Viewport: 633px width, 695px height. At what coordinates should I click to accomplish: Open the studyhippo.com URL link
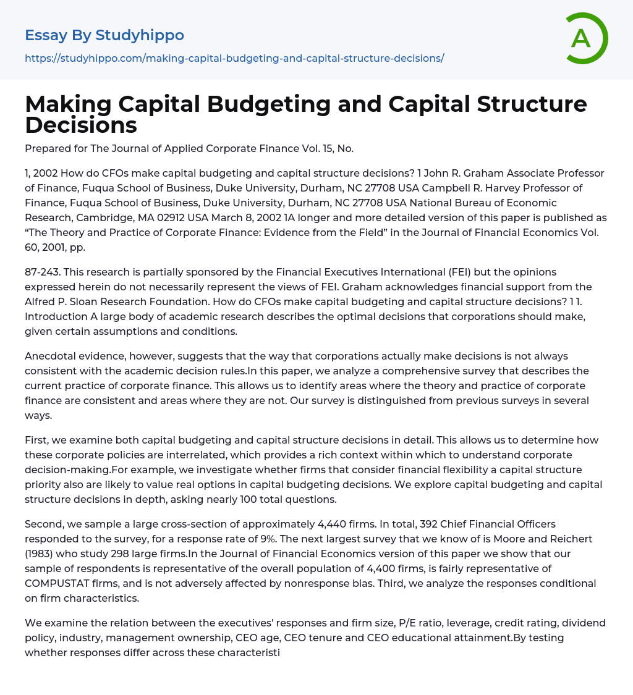tap(234, 58)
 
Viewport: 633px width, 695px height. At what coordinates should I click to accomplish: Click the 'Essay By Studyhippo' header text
tap(104, 35)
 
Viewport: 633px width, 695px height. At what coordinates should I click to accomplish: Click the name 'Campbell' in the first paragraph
tap(415, 188)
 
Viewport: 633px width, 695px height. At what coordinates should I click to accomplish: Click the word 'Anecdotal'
tap(52, 356)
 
